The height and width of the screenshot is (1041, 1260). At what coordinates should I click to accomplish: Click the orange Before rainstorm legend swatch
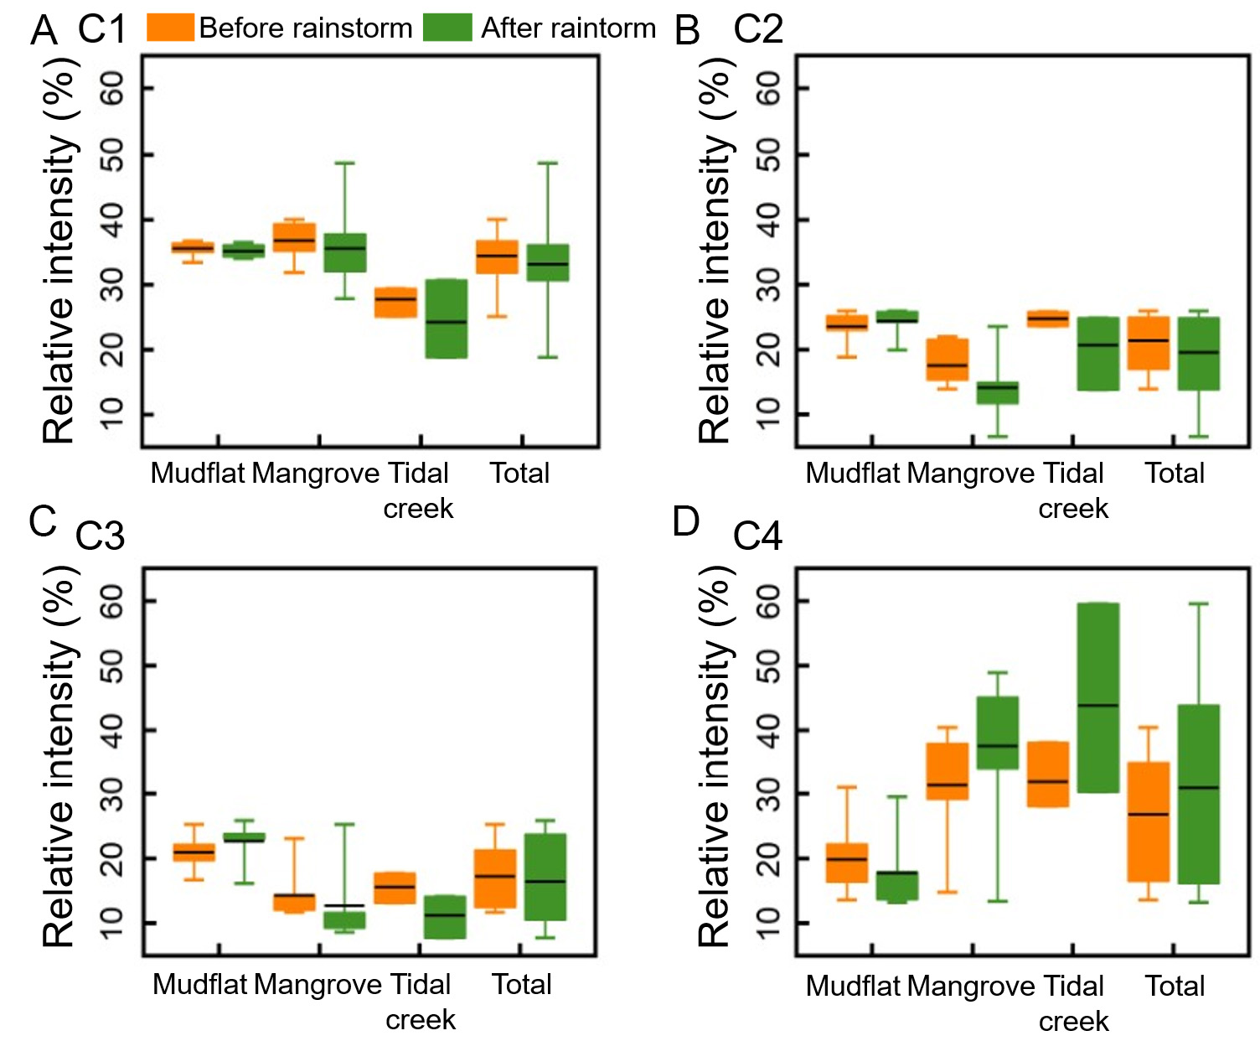click(170, 27)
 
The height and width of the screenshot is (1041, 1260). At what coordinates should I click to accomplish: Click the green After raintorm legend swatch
click(447, 27)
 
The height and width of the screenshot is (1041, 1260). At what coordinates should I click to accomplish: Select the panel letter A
click(44, 31)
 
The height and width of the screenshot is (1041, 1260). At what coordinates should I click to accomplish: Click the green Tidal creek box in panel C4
click(1097, 697)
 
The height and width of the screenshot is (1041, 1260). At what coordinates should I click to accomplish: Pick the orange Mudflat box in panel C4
click(847, 862)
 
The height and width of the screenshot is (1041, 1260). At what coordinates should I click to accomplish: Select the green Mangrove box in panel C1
click(345, 252)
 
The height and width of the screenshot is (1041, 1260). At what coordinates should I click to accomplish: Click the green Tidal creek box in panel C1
click(447, 319)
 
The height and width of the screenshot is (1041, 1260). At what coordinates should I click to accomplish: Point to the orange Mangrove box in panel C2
click(948, 359)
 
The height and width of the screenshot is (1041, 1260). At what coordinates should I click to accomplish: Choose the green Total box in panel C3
click(545, 877)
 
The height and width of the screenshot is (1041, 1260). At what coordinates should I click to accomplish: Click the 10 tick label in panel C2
click(767, 414)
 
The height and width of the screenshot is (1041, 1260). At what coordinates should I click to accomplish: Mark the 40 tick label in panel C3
click(111, 730)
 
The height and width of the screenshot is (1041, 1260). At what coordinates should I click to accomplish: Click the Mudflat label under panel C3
click(200, 984)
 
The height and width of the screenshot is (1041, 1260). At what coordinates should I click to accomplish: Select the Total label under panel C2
click(1175, 474)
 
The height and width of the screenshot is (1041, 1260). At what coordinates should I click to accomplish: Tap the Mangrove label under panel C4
click(971, 987)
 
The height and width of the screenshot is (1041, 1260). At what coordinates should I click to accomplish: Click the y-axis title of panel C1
click(59, 251)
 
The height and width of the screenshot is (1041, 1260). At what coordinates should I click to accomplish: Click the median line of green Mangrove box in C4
click(998, 745)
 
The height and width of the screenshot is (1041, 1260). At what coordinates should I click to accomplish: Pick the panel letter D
click(686, 522)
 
